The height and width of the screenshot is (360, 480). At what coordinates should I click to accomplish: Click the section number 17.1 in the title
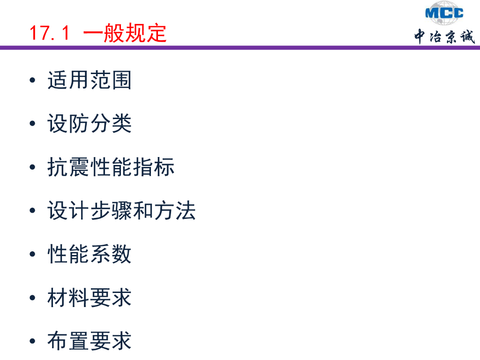coord(49,33)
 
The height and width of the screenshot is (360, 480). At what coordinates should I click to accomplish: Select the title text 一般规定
coord(125,33)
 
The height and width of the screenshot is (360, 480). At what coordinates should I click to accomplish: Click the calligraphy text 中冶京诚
coord(444,36)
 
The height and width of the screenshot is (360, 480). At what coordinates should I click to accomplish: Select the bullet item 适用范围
coord(90,81)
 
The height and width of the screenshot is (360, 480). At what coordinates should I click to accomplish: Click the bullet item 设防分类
coord(90,124)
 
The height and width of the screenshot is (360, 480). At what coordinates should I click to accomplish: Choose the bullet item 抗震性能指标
coord(111,167)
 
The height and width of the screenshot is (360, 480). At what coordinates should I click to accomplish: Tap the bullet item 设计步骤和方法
coord(121,211)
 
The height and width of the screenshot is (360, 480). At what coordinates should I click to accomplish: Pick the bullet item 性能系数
coord(90,255)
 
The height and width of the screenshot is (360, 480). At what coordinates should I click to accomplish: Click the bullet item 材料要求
coord(90,298)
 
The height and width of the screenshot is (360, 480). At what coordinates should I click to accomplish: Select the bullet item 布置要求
coord(90,341)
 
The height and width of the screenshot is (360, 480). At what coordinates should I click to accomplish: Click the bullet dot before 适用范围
coord(32,81)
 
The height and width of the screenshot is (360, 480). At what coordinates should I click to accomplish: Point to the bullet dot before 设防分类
coord(32,124)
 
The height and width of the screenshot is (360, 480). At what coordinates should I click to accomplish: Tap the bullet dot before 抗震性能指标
coord(32,167)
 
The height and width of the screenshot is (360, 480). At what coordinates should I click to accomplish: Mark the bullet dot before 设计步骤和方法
coord(32,211)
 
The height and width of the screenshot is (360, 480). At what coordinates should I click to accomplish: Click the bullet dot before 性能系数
coord(32,255)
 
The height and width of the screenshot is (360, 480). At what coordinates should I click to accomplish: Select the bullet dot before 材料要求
coord(32,298)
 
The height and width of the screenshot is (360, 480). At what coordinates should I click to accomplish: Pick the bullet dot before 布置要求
coord(32,341)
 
